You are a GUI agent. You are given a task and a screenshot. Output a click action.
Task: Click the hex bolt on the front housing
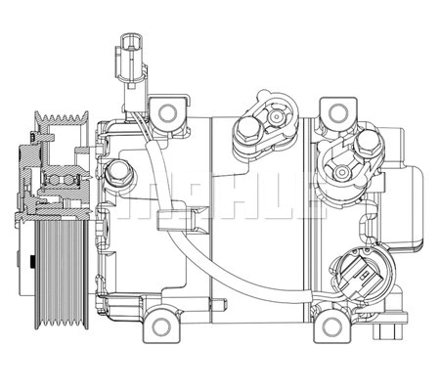[119, 174]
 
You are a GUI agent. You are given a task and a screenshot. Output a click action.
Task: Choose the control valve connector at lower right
[357, 277]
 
